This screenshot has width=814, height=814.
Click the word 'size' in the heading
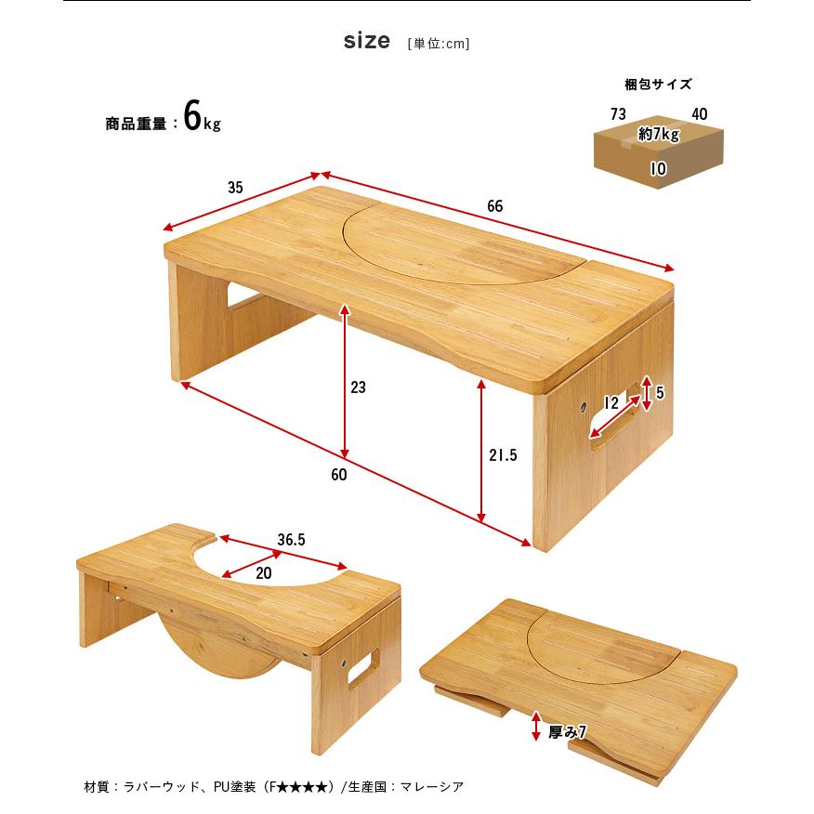pos(366,42)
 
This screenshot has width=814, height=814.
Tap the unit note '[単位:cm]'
pos(439,44)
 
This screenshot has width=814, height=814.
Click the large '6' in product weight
pos(192,117)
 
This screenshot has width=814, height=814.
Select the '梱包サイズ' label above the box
pos(658,85)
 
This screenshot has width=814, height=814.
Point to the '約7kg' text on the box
pos(659,134)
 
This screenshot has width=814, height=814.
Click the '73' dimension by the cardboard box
pos(618,113)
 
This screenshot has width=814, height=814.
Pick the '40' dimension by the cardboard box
pos(699,113)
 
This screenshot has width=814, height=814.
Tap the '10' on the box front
pos(658,169)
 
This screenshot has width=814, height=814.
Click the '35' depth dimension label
pos(235,187)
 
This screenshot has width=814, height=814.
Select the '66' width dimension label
pos(494,206)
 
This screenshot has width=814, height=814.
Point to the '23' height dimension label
pos(358,387)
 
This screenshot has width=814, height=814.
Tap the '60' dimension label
pos(338,475)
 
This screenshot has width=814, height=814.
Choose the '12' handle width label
pos(610,403)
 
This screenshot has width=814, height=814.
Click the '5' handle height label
pos(660,393)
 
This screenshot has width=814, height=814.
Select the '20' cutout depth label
pos(264,573)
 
